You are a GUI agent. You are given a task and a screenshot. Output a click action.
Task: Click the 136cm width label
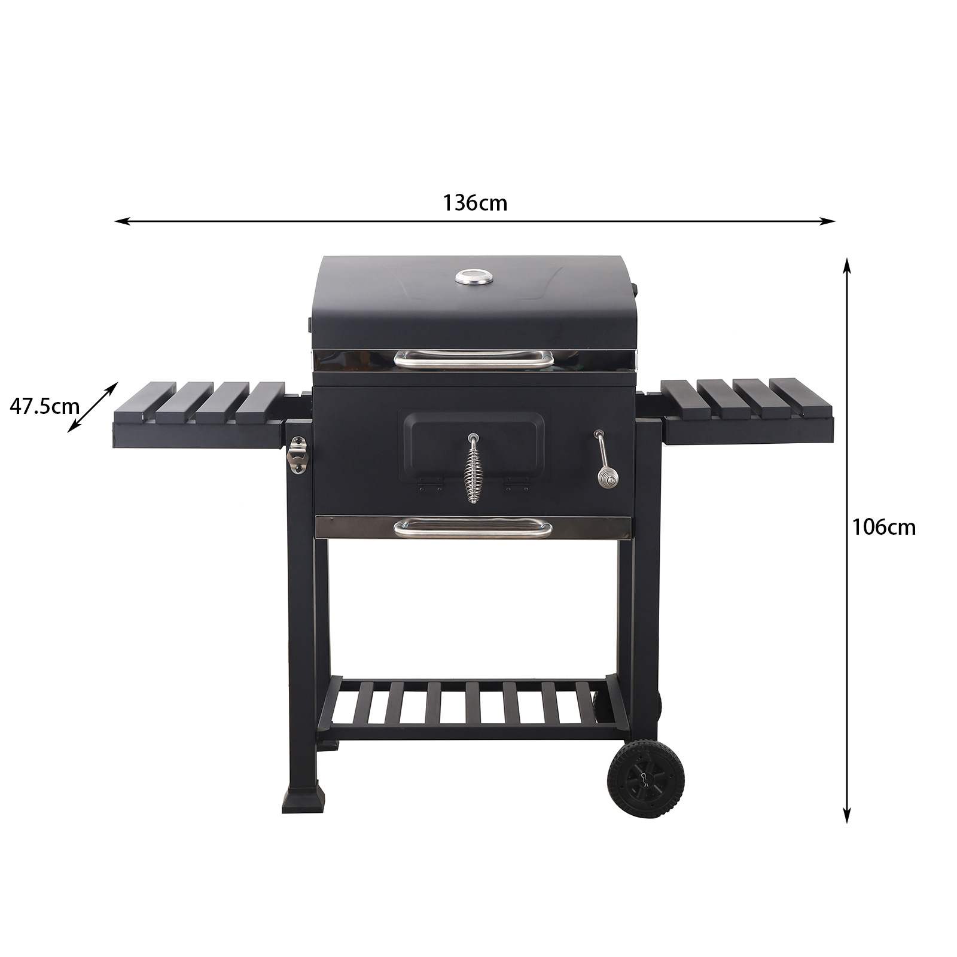point(475,203)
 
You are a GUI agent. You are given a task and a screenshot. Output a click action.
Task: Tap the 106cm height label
point(883,527)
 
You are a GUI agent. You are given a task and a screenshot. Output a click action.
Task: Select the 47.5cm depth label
point(44,406)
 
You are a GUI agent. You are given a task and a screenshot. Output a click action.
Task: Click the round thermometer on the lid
point(474,277)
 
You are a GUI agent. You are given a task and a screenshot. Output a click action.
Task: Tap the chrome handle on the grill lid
point(474,359)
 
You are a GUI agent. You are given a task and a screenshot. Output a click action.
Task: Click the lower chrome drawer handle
point(473,529)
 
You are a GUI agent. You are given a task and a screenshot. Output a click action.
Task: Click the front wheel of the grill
point(645,779)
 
